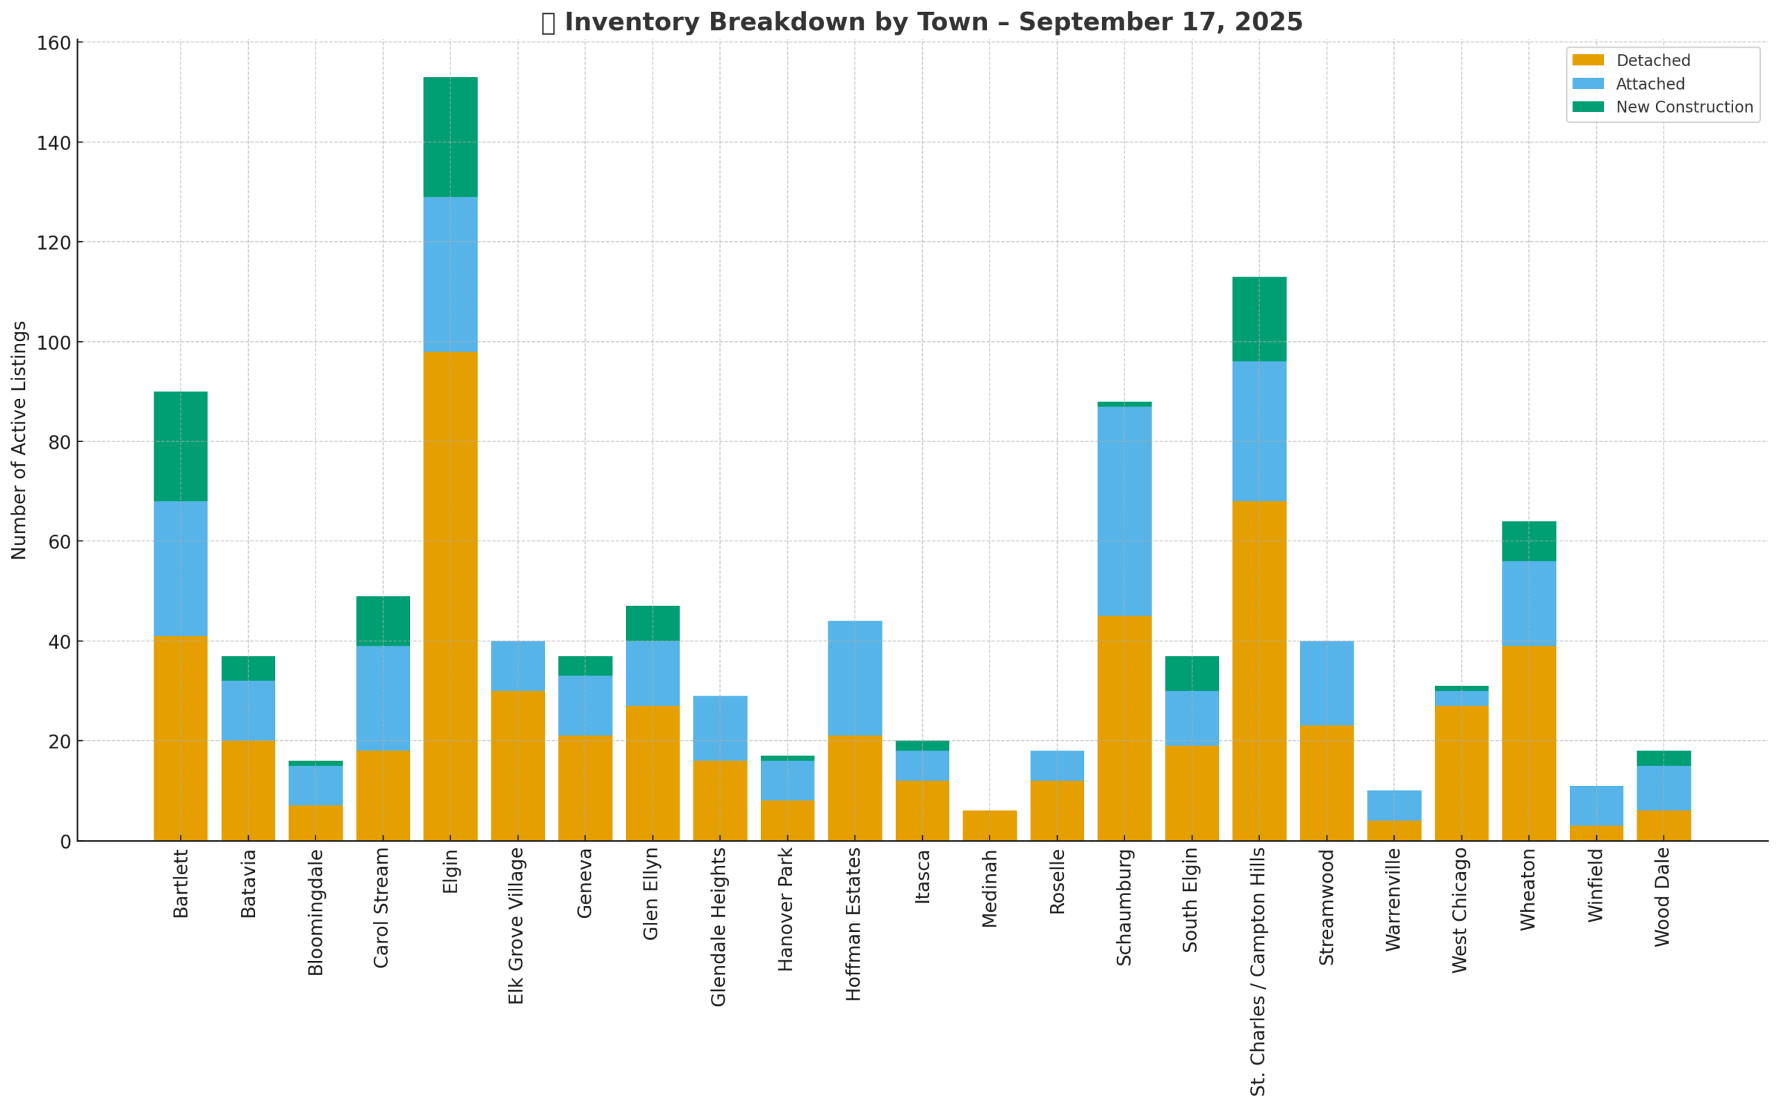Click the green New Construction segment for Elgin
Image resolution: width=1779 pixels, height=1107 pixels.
[x=450, y=137]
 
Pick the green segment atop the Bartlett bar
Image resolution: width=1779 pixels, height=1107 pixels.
[x=180, y=446]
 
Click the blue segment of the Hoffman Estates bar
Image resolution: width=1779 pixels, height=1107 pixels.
[x=854, y=678]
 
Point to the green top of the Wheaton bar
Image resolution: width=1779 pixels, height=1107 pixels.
[x=1529, y=541]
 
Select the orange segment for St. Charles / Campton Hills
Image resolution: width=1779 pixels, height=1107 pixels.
[x=1259, y=670]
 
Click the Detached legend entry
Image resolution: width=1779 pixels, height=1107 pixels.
[x=1653, y=60]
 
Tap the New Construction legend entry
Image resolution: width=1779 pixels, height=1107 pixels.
[x=1684, y=107]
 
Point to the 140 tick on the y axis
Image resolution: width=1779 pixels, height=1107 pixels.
[x=54, y=143]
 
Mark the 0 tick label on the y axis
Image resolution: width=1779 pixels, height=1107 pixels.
[x=66, y=842]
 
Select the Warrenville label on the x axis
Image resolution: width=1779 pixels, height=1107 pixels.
[x=1393, y=900]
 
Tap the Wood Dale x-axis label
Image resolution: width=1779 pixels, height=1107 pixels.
[x=1662, y=898]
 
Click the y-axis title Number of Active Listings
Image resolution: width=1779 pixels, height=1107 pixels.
[x=19, y=440]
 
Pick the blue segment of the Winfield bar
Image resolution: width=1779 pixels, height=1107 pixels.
[x=1596, y=805]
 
